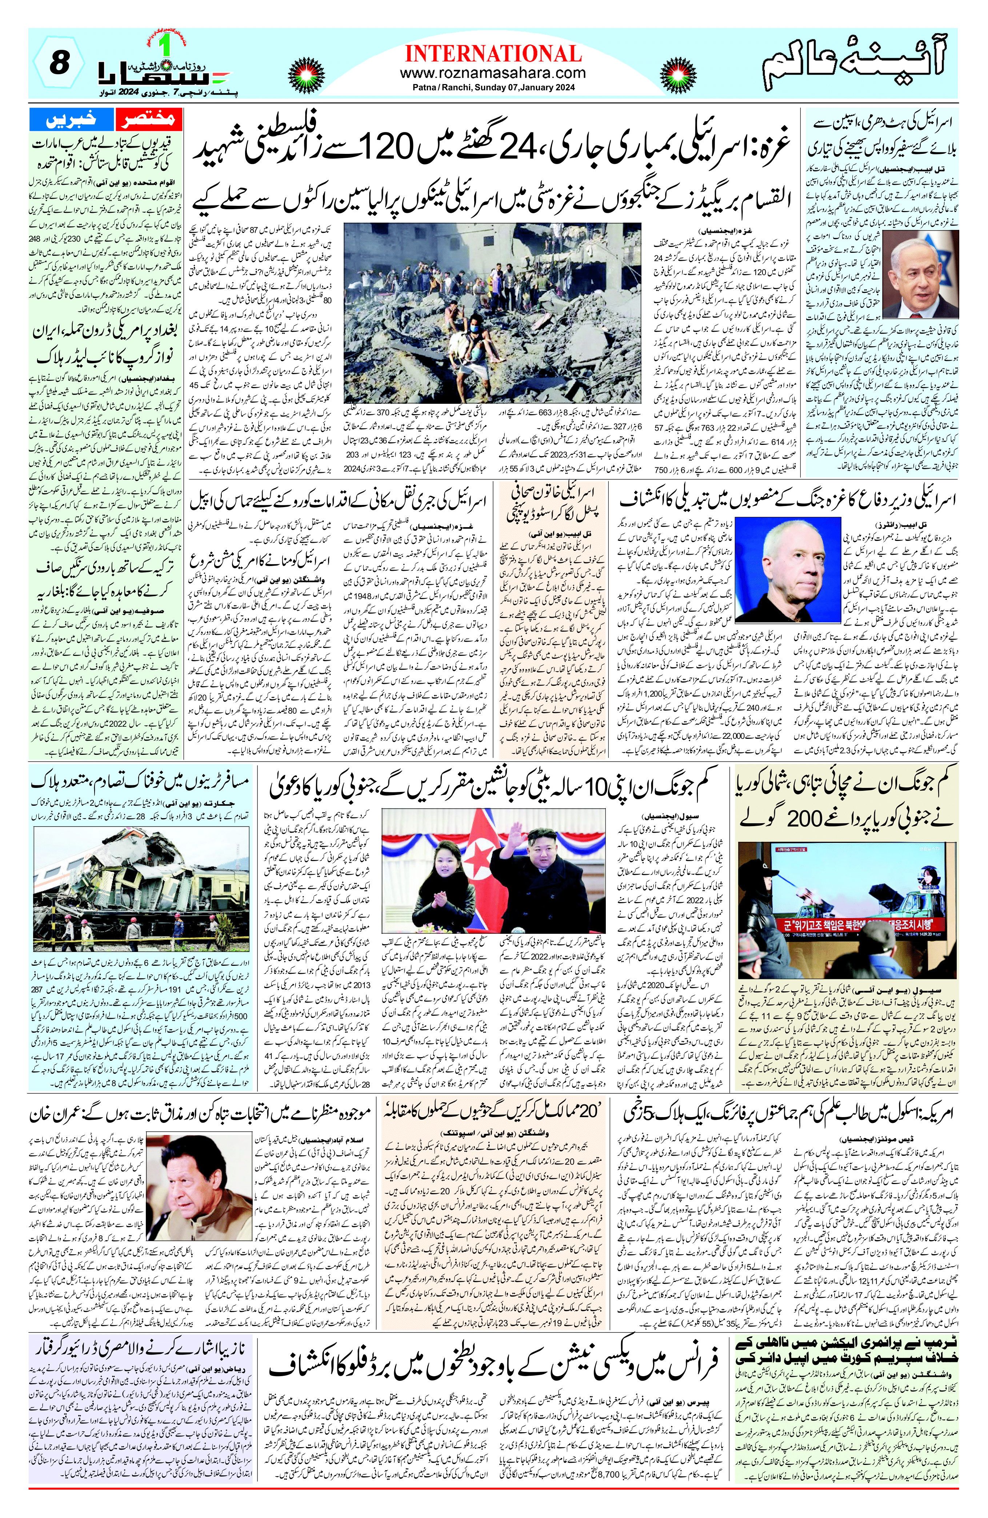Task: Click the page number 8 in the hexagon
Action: pos(59,64)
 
